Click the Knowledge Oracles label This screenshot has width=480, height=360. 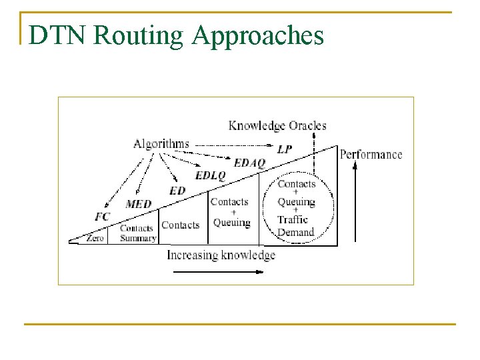[x=277, y=125]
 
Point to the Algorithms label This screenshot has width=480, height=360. [x=161, y=143]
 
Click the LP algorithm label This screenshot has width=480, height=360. [x=285, y=149]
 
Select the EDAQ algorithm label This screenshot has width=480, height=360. [x=250, y=163]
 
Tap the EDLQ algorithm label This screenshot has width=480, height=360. [x=211, y=176]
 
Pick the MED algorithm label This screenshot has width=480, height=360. [x=139, y=204]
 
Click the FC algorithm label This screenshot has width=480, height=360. [x=102, y=217]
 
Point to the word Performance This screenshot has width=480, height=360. [x=371, y=155]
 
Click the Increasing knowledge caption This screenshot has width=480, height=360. [x=221, y=255]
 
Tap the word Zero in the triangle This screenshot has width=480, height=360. [x=95, y=238]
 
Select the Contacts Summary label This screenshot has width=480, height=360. [x=137, y=233]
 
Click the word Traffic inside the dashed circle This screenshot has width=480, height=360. [x=293, y=220]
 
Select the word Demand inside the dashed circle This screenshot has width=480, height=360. [x=295, y=232]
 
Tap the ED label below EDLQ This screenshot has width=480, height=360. [x=177, y=191]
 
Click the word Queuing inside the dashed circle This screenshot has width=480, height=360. [x=296, y=201]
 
